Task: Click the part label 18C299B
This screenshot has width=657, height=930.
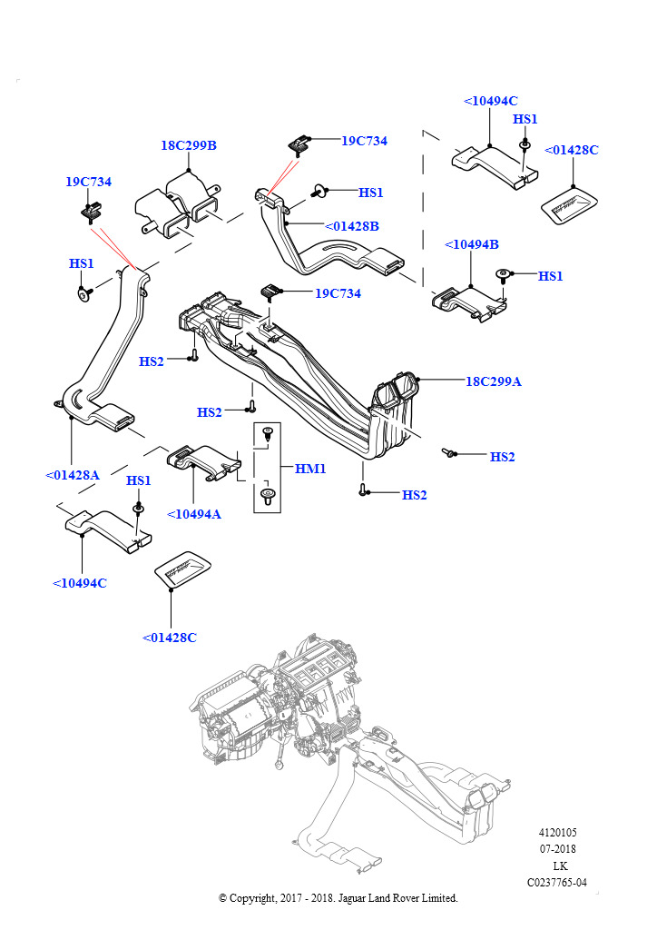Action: click(189, 145)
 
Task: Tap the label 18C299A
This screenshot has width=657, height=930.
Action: click(494, 381)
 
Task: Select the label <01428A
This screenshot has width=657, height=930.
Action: click(73, 474)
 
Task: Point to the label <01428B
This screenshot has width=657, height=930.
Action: click(352, 226)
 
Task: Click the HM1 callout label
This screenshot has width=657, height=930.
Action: click(310, 469)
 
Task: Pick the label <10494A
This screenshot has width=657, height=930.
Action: click(194, 514)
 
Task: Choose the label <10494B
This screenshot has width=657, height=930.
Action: click(472, 245)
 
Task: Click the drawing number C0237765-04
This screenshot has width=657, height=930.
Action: click(557, 882)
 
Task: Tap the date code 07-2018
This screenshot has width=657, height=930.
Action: click(558, 849)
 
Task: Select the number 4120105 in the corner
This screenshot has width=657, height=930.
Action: click(558, 833)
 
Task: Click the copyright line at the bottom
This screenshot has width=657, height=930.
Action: click(338, 898)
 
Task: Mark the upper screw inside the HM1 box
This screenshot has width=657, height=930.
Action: click(267, 435)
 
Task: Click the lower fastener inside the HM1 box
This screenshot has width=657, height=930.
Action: click(267, 495)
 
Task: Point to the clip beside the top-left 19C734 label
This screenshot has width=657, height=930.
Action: click(89, 213)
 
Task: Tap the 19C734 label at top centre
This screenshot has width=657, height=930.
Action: click(364, 141)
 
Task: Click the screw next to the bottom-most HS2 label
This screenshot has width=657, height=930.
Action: click(363, 491)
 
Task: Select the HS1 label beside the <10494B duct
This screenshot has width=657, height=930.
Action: click(551, 276)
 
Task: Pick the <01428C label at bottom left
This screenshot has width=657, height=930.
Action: click(170, 638)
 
